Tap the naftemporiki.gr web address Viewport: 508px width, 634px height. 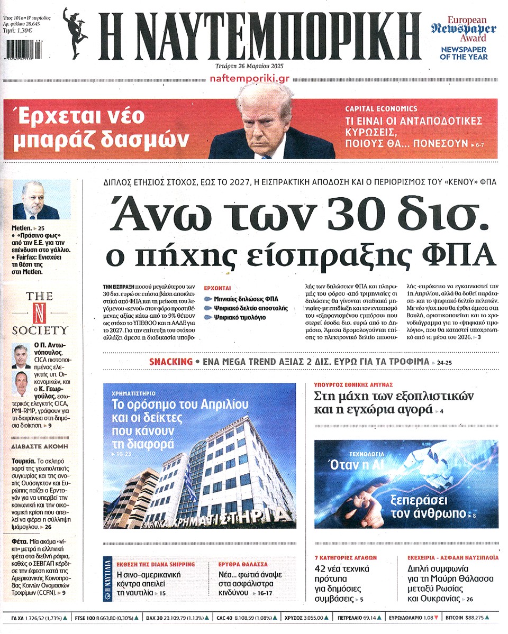click(x=249, y=78)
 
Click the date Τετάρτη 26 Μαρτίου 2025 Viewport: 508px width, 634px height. click(x=249, y=66)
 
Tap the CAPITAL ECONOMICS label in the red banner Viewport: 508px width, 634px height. click(x=381, y=108)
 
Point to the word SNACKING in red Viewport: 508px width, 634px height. click(x=171, y=362)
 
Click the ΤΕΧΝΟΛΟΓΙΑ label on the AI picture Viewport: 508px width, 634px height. click(x=367, y=454)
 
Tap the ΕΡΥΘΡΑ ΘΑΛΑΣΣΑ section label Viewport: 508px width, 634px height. click(x=243, y=564)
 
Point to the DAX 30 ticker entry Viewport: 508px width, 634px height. click(x=178, y=617)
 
